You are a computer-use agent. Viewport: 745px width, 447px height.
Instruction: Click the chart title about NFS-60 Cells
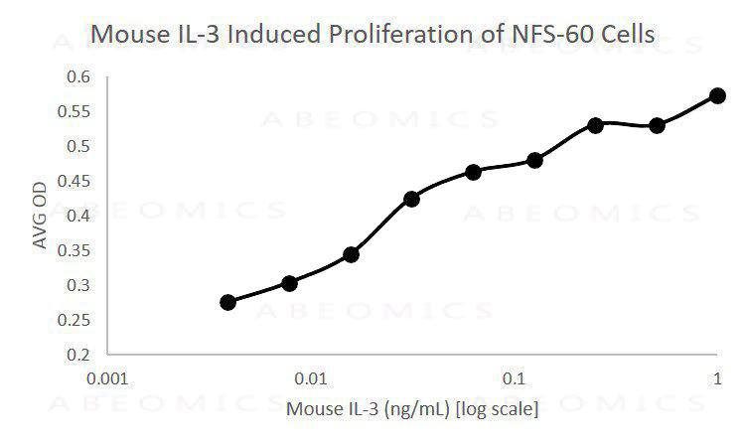click(x=372, y=34)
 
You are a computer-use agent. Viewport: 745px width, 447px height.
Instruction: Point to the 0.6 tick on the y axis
click(x=77, y=76)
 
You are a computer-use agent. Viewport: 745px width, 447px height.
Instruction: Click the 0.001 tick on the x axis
click(x=108, y=379)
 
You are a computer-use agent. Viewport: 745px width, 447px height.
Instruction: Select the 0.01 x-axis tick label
click(x=312, y=379)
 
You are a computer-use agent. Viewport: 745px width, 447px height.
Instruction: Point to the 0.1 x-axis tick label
click(x=515, y=379)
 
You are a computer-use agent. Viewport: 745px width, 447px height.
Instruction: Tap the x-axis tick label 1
click(x=717, y=379)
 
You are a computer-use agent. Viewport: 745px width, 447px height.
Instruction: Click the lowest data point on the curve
click(x=228, y=302)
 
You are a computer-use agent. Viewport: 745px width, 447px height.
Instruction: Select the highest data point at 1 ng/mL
click(x=717, y=95)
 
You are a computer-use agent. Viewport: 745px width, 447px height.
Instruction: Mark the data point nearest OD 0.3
click(x=290, y=283)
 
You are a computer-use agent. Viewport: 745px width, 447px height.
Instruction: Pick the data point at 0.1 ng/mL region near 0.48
click(x=534, y=160)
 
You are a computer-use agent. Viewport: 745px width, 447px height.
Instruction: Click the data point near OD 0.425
click(x=412, y=199)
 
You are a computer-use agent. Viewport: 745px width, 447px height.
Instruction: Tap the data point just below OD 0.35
click(x=351, y=254)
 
